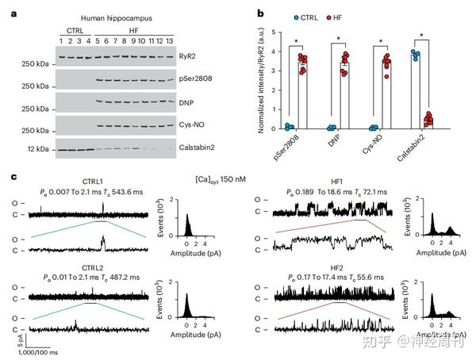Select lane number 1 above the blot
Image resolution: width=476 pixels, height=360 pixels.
tap(61, 40)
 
